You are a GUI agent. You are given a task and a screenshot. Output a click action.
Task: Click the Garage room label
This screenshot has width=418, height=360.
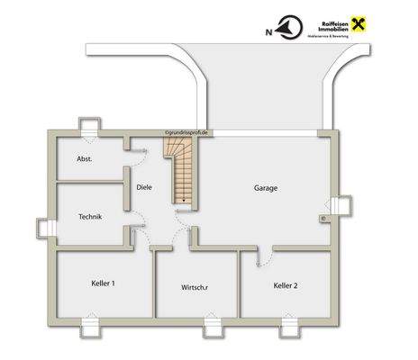click(265, 188)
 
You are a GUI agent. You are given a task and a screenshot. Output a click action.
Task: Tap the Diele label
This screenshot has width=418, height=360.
click(144, 187)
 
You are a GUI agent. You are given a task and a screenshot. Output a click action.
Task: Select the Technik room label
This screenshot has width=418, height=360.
click(90, 216)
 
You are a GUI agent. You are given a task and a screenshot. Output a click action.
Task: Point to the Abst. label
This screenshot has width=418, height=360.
click(85, 158)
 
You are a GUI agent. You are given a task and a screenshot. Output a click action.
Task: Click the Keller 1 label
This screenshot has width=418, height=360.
click(103, 283)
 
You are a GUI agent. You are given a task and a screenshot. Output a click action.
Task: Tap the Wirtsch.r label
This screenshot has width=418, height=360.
click(195, 288)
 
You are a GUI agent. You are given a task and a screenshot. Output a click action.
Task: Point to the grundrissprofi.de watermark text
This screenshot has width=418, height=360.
click(187, 131)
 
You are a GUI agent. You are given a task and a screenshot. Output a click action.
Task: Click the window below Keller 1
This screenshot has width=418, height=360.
click(93, 325)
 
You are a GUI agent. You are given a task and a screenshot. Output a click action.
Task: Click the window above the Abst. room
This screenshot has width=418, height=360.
click(91, 127)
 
